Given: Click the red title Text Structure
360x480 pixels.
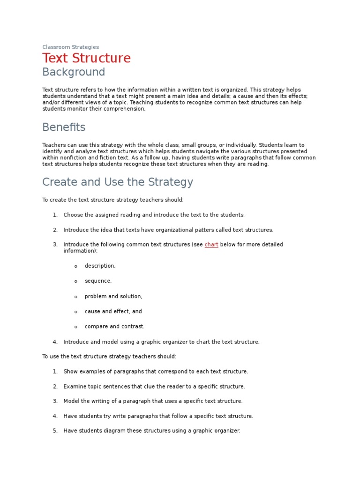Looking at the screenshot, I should tap(86, 59).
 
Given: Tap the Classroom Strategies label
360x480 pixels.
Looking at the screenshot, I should tap(70, 47).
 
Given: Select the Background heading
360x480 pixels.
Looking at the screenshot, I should tap(74, 72).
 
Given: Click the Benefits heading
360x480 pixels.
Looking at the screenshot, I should tap(64, 127).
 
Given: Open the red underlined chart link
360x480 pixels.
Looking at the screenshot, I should tap(211, 245).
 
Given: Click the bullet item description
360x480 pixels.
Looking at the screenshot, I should tap(100, 266).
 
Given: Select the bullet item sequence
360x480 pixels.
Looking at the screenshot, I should tap(98, 281).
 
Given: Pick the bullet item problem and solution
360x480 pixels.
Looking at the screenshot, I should tap(113, 296).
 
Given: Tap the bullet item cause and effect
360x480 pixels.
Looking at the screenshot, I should tap(113, 311).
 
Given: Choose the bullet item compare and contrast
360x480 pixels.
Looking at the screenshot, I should tap(114, 326).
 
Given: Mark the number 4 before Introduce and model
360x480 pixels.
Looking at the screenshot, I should tap(55, 342).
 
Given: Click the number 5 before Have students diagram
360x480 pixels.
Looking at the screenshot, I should tap(55, 430).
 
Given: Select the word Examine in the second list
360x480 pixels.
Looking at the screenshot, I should tap(75, 386).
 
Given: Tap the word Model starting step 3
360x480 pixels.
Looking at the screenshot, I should tap(71, 401).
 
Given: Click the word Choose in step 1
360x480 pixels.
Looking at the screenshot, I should tap(73, 215).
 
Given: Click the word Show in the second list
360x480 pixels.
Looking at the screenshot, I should tap(70, 371).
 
